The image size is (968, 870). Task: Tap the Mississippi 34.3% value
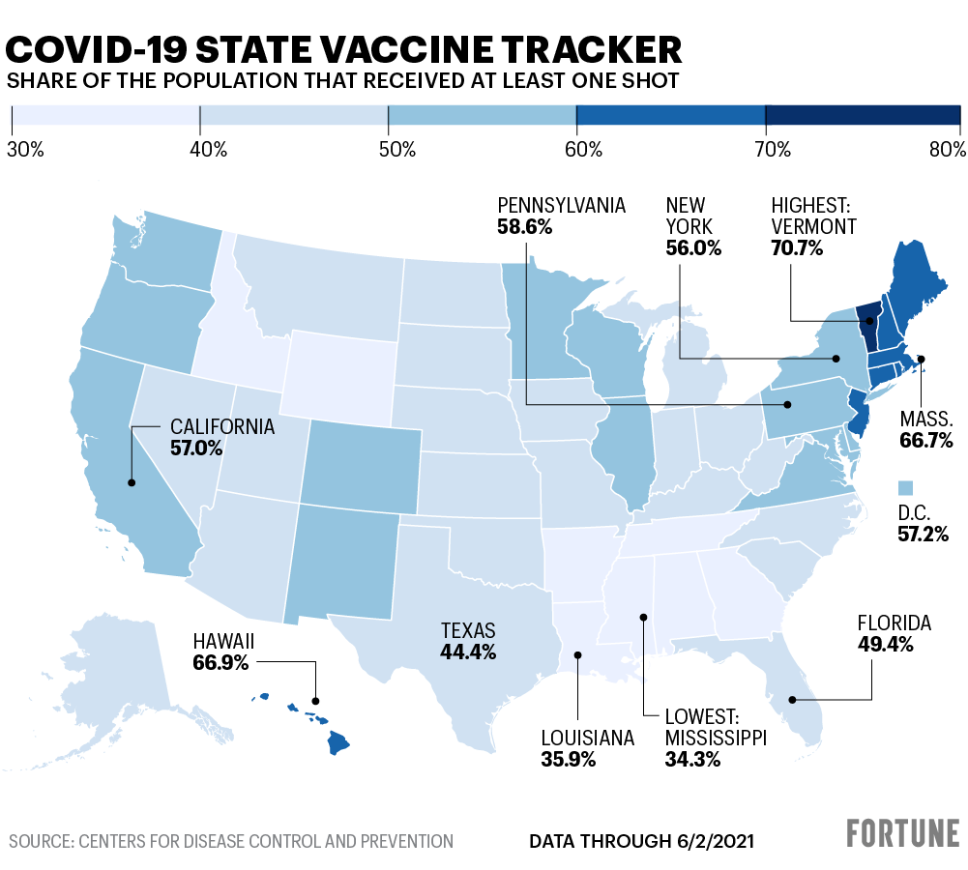point(692,759)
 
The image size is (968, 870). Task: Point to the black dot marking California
point(131,481)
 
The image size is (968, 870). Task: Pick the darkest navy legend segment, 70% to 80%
point(862,115)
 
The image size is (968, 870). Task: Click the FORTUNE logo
point(903,833)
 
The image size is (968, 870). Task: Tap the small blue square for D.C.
point(906,487)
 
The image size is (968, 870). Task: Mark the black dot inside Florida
point(792,699)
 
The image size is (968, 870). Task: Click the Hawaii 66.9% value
point(220,662)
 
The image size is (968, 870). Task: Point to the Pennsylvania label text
point(561,205)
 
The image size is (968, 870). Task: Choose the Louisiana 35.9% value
point(569,759)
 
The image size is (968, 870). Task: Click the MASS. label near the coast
point(925,420)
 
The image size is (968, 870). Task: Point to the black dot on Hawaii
point(314,700)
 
